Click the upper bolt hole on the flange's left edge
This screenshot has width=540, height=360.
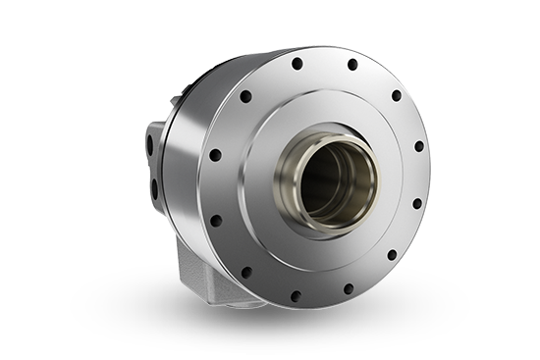pyautogui.click(x=216, y=155)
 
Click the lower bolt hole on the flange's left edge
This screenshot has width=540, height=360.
pyautogui.click(x=220, y=216)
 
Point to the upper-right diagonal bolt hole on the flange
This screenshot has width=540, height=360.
pyautogui.click(x=396, y=96)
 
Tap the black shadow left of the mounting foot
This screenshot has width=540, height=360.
pyautogui.click(x=128, y=294)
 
